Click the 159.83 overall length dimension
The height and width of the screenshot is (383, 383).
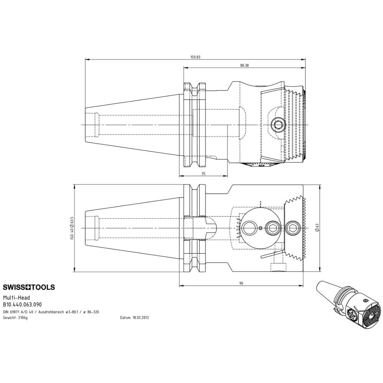point(195,57)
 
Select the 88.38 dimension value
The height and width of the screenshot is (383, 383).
point(244,65)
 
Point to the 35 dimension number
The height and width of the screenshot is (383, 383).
point(203,174)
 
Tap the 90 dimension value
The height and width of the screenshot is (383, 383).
point(241,283)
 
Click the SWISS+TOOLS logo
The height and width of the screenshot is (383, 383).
point(29,287)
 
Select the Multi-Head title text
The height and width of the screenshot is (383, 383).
point(16,297)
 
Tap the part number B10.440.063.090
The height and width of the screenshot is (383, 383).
point(22,304)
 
